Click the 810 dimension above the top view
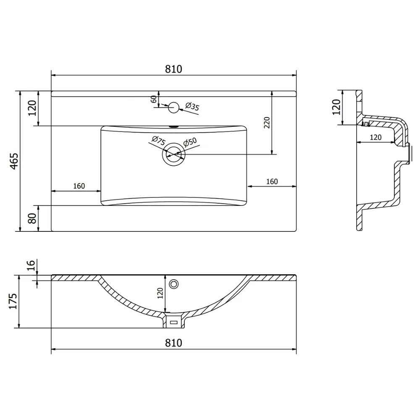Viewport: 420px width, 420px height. pos(173,69)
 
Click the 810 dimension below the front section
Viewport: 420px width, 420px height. pos(173,343)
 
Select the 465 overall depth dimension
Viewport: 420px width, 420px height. pos(14,161)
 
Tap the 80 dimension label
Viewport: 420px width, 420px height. pos(32,218)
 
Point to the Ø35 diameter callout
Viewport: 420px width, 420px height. pos(192,106)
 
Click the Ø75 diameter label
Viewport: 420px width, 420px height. pos(159,141)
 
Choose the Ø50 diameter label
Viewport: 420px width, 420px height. pos(190,142)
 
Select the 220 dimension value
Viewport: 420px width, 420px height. pos(267,122)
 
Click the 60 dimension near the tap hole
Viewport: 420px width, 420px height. pos(153,99)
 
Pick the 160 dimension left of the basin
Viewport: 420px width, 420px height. pos(79,186)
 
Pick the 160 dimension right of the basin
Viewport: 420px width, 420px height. pos(272,181)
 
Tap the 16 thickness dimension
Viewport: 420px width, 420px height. pos(31,265)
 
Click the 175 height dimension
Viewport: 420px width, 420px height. pos(13,301)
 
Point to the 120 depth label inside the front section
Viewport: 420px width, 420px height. pos(160,293)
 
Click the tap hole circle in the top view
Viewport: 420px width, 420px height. pos(173,108)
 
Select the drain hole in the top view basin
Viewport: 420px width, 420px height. pos(173,154)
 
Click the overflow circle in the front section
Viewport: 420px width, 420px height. pos(174,284)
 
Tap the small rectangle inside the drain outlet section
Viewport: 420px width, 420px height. pos(174,323)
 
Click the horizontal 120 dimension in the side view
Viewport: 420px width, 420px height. pos(375,137)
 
